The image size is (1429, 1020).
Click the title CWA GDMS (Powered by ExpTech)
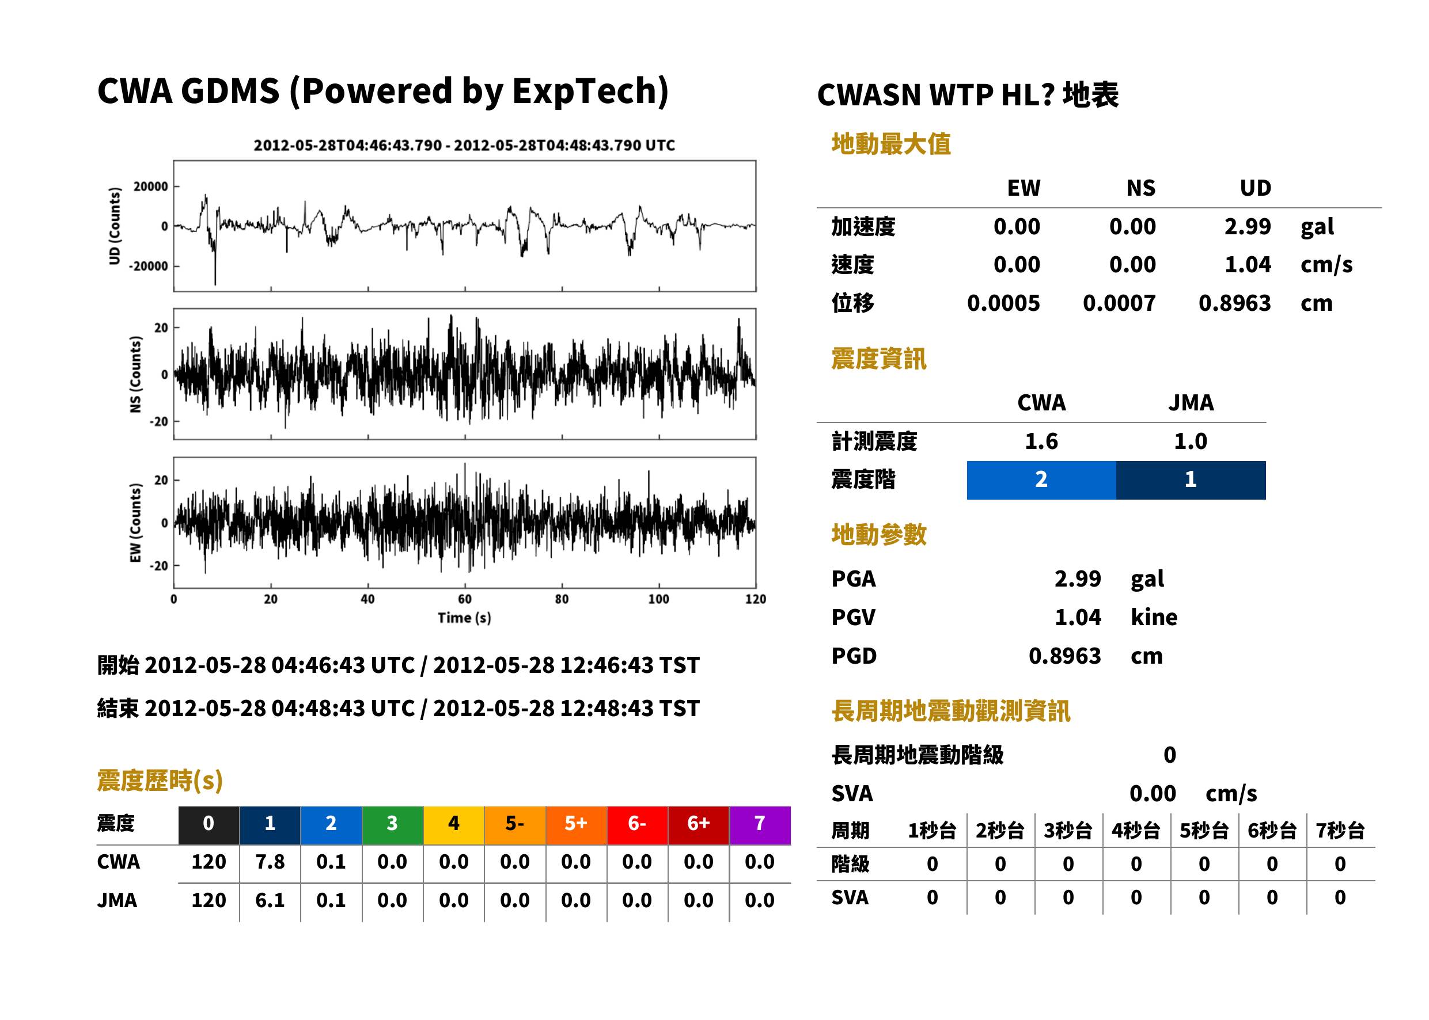pos(382,91)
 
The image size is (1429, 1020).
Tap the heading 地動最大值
pos(890,144)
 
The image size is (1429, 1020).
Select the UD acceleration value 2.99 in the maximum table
pos(1247,227)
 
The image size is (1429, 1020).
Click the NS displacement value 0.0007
pos(1119,303)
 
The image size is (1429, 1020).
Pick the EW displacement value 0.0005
pos(1003,303)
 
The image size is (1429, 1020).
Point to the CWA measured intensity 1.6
pos(1041,442)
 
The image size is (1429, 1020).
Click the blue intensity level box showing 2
pos(1041,480)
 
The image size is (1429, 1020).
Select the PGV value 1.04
pos(1078,618)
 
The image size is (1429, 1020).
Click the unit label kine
pos(1154,618)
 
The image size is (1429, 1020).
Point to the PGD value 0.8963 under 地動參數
pos(1064,656)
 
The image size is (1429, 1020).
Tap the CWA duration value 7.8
pos(270,862)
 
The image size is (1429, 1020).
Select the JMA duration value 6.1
pos(270,901)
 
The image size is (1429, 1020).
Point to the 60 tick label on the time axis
pos(464,599)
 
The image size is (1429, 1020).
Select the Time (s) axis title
pos(464,618)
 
